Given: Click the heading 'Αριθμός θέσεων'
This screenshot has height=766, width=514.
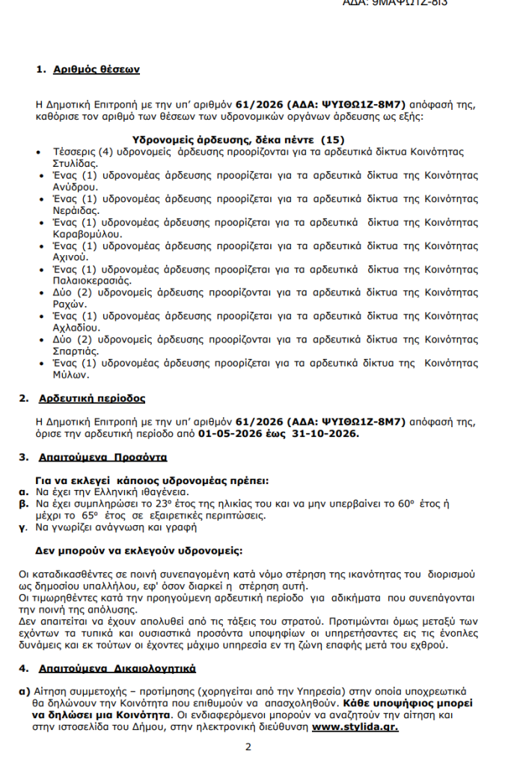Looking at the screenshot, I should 97,70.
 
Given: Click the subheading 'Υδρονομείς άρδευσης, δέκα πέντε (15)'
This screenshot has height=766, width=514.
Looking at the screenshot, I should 238,139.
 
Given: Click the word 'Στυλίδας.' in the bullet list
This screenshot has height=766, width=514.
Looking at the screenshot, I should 75,162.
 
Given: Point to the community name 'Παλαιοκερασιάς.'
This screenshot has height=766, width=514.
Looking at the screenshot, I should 93,281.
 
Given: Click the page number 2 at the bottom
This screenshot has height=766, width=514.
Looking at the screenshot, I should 248,747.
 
